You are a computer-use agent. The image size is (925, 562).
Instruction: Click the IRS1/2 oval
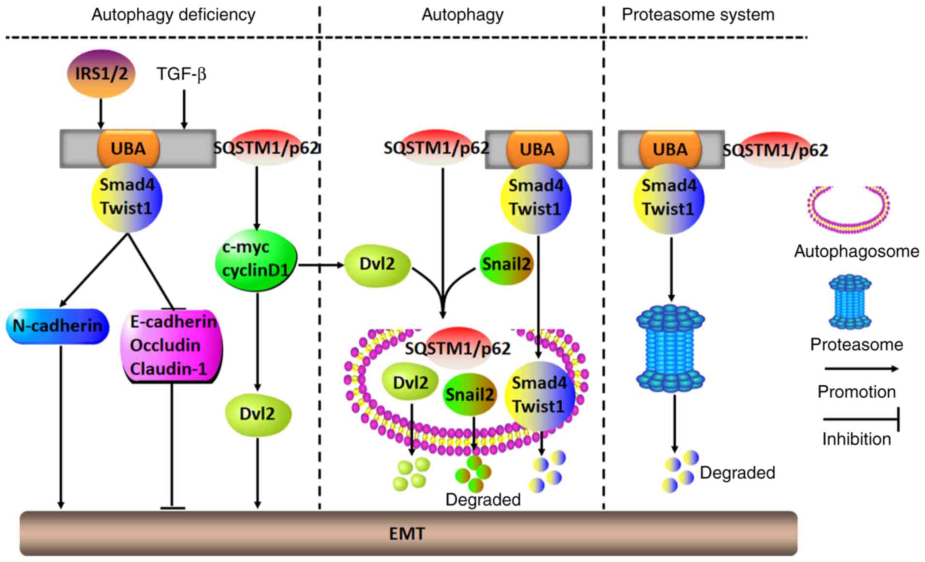pos(101,73)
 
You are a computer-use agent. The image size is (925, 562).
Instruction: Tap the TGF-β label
pos(181,74)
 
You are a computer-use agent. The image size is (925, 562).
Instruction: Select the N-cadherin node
pos(58,326)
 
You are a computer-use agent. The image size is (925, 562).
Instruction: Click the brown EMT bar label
pos(407,533)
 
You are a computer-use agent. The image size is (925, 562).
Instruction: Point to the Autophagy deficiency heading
pos(173,14)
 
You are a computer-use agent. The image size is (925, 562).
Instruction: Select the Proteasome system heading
pos(698,14)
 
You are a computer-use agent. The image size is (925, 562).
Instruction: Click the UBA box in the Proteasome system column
pos(670,149)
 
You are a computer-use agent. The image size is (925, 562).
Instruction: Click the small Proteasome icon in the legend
pos(850,302)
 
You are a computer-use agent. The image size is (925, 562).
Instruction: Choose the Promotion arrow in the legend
pos(861,369)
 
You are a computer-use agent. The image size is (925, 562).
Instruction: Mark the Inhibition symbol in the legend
pos(861,419)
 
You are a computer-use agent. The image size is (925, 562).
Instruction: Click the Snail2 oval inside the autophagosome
pos(469,395)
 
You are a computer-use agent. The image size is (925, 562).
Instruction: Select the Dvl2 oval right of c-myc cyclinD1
pos(377,264)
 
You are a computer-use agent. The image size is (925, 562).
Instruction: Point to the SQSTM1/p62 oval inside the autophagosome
pos(457,348)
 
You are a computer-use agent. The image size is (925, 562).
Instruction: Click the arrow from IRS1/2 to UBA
pos(101,114)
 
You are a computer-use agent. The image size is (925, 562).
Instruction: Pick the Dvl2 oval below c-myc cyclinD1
pos(257,414)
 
